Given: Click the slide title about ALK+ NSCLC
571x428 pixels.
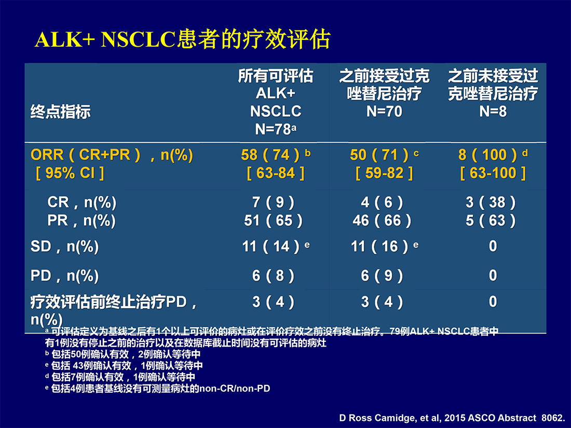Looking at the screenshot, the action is click(x=182, y=39).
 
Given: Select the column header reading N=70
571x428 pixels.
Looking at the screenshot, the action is click(x=384, y=112).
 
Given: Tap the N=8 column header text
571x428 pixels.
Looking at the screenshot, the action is click(x=493, y=112).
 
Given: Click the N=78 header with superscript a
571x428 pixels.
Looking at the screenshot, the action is click(x=276, y=129).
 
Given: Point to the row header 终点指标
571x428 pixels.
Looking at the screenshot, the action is click(x=60, y=112).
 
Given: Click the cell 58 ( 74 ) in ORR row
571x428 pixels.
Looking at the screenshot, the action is click(x=270, y=155).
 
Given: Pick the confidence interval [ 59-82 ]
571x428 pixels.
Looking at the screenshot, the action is click(x=384, y=173).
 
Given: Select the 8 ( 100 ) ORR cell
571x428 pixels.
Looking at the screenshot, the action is click(x=487, y=155).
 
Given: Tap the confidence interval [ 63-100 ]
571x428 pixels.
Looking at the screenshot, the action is click(x=493, y=173).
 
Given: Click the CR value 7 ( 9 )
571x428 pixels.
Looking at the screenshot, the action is click(x=273, y=202).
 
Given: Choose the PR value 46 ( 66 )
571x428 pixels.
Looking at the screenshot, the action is click(x=382, y=220).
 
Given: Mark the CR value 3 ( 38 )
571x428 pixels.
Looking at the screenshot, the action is click(x=491, y=202).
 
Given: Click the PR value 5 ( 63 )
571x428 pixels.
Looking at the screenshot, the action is click(x=491, y=220).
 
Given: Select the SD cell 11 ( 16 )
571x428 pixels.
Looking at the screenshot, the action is click(x=379, y=247).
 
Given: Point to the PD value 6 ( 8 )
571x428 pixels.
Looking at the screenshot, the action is click(x=273, y=276).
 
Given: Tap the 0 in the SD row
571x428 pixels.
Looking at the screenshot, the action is click(x=493, y=246).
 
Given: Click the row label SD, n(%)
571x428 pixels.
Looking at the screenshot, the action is click(x=65, y=247).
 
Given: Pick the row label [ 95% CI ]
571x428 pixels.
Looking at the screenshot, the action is click(x=70, y=173).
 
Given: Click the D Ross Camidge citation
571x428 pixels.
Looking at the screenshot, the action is click(x=452, y=418).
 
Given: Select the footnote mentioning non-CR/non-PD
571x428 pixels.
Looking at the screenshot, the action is click(x=158, y=389).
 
